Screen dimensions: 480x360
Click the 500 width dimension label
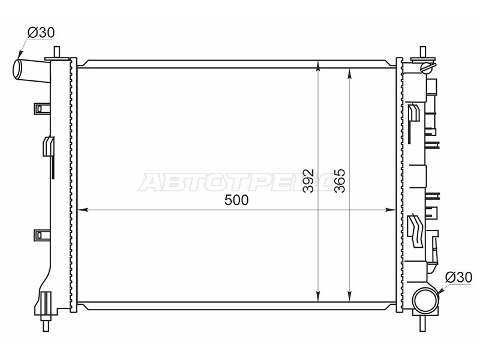pyautogui.click(x=236, y=200)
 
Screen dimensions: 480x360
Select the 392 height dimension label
pyautogui.click(x=308, y=181)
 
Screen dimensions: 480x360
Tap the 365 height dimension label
pyautogui.click(x=340, y=181)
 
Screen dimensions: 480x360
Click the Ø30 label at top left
pyautogui.click(x=41, y=32)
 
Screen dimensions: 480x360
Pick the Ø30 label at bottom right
pyautogui.click(x=458, y=277)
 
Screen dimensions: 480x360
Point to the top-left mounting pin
pyautogui.click(x=57, y=52)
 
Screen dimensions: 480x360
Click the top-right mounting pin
pyautogui.click(x=423, y=52)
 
